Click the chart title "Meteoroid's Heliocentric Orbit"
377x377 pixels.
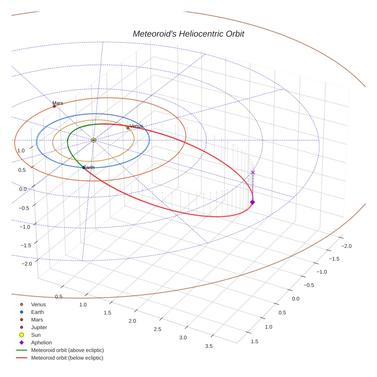tap(188, 34)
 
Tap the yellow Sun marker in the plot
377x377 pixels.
tap(93, 140)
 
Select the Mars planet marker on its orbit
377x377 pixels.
tap(54, 107)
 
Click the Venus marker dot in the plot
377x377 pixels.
tap(128, 128)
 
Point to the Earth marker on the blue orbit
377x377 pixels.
tap(84, 167)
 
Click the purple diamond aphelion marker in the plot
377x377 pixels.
tap(252, 202)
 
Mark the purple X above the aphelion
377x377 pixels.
tap(252, 172)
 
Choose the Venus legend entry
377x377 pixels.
tap(38, 305)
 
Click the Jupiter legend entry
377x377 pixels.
tap(39, 328)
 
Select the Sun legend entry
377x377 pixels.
tap(36, 335)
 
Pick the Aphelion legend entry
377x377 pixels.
tap(41, 343)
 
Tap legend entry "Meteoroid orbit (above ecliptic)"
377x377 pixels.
tap(67, 350)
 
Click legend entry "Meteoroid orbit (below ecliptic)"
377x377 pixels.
tap(67, 358)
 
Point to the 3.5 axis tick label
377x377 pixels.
tap(209, 346)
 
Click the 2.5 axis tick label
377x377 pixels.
tap(157, 329)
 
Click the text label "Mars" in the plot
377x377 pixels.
tap(58, 103)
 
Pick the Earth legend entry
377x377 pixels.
tap(37, 312)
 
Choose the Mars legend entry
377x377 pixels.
tap(37, 320)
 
